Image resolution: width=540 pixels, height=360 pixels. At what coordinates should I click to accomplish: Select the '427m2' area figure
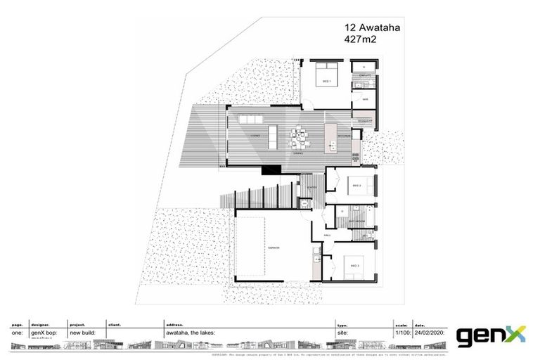pyautogui.click(x=361, y=41)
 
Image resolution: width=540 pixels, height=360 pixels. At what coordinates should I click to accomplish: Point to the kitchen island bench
pyautogui.click(x=331, y=138)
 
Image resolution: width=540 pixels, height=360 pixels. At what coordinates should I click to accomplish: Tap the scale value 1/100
pyautogui.click(x=401, y=333)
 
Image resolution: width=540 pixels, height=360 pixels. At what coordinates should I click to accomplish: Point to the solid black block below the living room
pyautogui.click(x=271, y=169)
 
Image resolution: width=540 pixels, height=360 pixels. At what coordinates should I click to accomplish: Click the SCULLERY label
pyautogui.click(x=364, y=121)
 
